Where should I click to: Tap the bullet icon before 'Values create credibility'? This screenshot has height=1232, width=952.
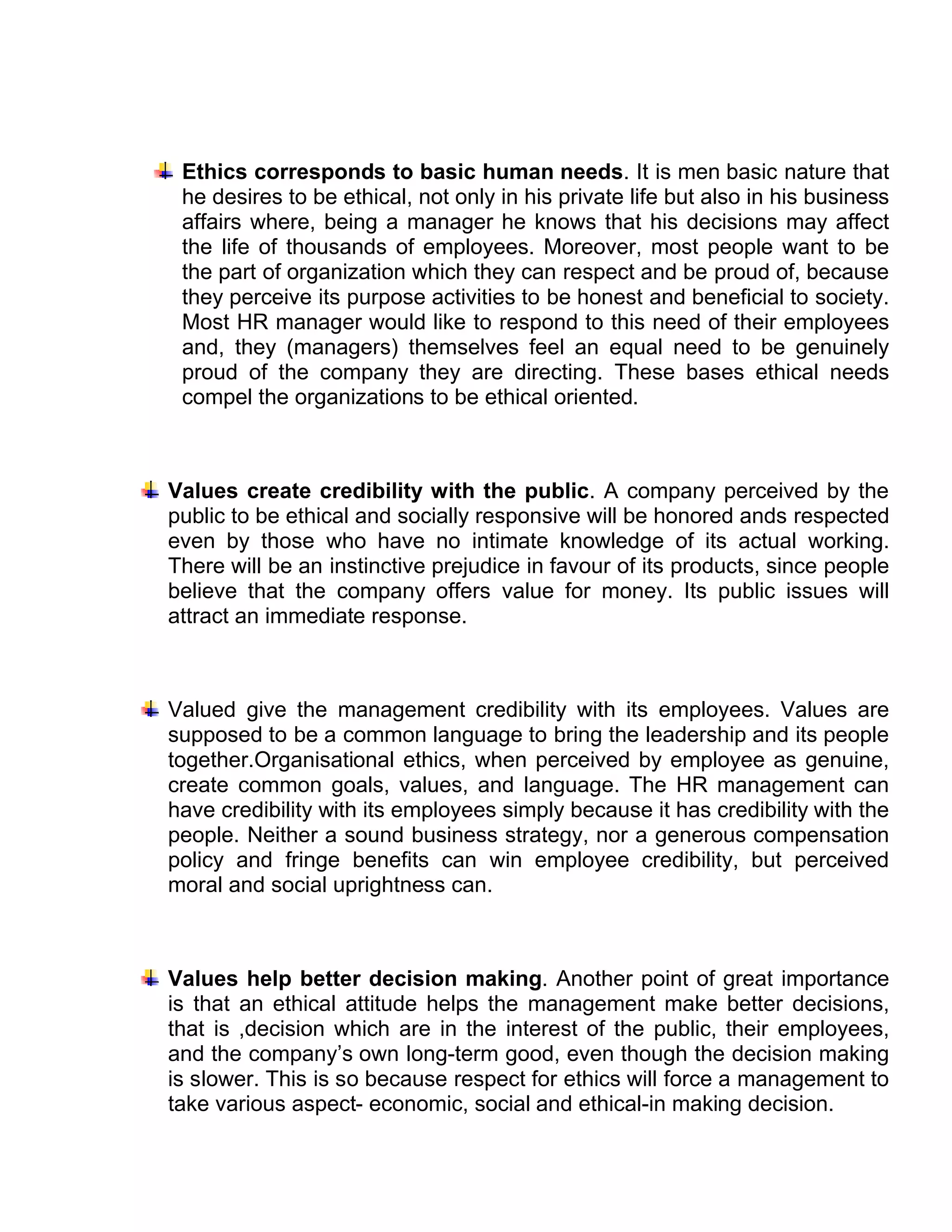(150, 490)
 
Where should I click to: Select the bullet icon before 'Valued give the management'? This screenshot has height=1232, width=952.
(150, 709)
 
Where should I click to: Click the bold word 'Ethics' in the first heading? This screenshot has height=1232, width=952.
(214, 172)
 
